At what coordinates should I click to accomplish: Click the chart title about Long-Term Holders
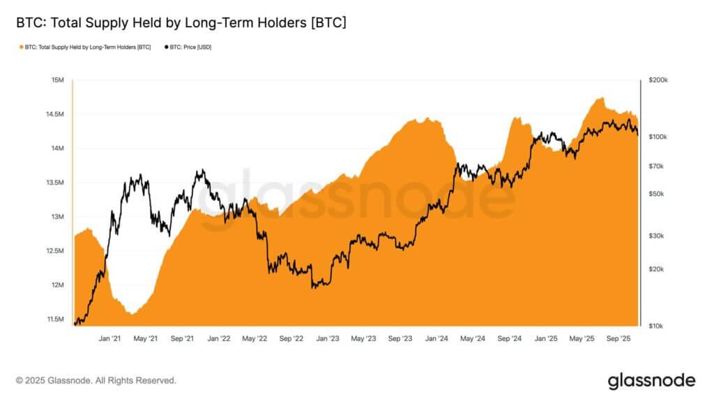tap(181, 23)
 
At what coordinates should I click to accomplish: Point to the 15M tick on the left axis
tap(57, 80)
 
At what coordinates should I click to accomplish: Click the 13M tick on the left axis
tap(57, 217)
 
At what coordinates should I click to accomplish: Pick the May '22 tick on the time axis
tap(255, 338)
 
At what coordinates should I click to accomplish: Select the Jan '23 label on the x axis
tap(328, 338)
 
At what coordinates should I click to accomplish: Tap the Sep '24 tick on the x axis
tap(509, 338)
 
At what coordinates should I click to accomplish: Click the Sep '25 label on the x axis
tap(618, 338)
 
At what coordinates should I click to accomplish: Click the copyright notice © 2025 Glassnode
tap(96, 381)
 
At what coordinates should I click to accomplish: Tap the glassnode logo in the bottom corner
tap(651, 380)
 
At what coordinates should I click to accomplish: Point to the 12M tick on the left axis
tap(57, 285)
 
